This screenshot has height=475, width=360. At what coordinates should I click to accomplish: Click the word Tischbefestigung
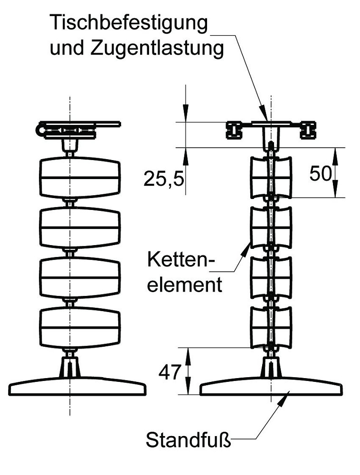click(x=129, y=23)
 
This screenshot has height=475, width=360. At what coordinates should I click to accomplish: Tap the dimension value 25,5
click(x=163, y=179)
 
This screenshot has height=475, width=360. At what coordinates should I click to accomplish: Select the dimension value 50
click(x=320, y=173)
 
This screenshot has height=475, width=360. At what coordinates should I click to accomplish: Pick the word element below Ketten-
click(x=184, y=285)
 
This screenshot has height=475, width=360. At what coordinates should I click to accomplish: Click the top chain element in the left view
click(x=79, y=178)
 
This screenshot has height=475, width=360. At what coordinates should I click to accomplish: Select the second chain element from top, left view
click(x=79, y=228)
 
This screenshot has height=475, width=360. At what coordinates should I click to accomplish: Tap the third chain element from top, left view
click(x=79, y=277)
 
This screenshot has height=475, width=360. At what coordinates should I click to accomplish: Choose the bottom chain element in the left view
click(x=79, y=328)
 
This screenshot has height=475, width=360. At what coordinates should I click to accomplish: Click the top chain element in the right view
click(x=271, y=177)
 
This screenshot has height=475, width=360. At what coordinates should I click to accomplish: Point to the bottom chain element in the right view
click(x=271, y=328)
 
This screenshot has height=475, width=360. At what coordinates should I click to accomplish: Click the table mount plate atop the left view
click(x=78, y=124)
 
